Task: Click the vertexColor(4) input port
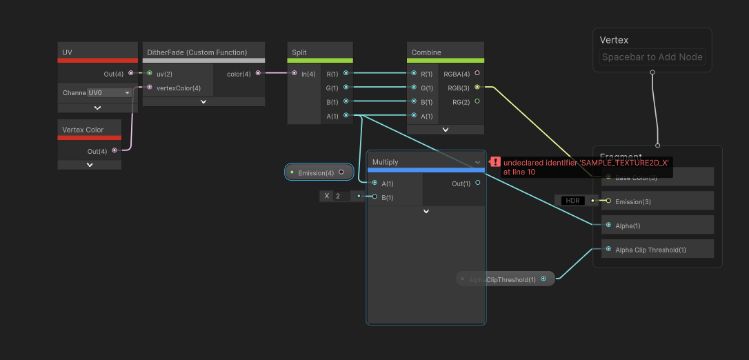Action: click(150, 88)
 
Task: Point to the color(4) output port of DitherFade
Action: click(258, 73)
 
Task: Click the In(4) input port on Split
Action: click(294, 73)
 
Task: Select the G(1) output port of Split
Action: click(346, 88)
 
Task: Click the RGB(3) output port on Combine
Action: click(477, 88)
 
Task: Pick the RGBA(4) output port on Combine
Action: click(477, 73)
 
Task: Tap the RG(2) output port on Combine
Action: click(477, 101)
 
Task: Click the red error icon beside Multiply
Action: click(495, 161)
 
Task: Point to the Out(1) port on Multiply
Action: click(477, 183)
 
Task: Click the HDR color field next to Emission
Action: click(572, 201)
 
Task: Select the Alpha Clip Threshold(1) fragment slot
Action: click(652, 249)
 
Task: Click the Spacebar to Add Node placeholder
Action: click(652, 57)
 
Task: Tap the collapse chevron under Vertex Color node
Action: click(90, 165)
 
